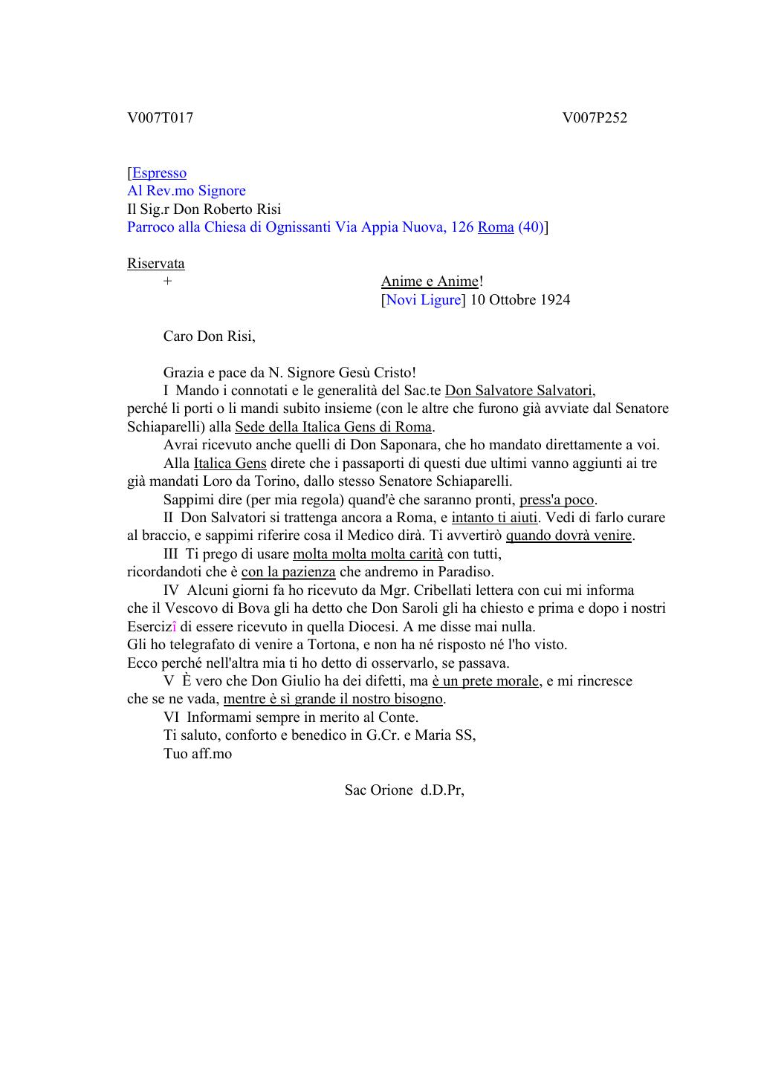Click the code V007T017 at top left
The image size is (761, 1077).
click(160, 117)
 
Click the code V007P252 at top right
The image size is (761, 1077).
click(595, 117)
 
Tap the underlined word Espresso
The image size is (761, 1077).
click(159, 173)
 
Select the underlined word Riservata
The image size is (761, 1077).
click(156, 264)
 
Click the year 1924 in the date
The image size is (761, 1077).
click(555, 300)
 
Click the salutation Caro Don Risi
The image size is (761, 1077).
click(209, 336)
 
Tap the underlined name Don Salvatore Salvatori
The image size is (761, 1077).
click(519, 391)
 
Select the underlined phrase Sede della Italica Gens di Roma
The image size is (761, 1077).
click(333, 427)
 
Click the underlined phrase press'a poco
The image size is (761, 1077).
click(557, 500)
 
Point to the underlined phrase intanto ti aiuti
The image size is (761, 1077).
click(494, 518)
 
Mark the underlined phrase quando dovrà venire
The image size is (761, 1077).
click(569, 536)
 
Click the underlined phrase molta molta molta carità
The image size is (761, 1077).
click(368, 554)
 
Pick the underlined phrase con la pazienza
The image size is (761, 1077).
click(288, 572)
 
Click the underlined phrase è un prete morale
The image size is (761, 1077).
click(485, 681)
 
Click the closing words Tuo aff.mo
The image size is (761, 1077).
click(198, 754)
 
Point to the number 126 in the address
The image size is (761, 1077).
click(462, 227)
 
